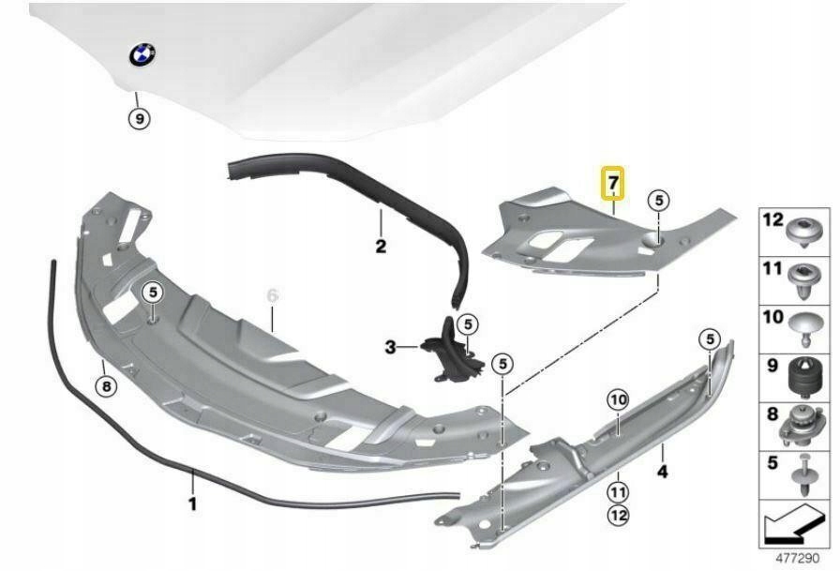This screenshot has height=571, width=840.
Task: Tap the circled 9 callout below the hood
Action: click(x=139, y=119)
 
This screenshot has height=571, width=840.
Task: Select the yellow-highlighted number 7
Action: click(x=613, y=183)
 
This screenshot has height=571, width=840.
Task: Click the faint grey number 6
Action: click(x=273, y=295)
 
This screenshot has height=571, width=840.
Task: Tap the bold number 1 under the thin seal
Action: click(x=193, y=503)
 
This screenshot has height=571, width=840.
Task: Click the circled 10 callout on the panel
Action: click(x=616, y=401)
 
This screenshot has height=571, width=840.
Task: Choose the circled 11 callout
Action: click(x=618, y=489)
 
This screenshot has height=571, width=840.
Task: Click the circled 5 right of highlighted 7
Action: click(x=659, y=200)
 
